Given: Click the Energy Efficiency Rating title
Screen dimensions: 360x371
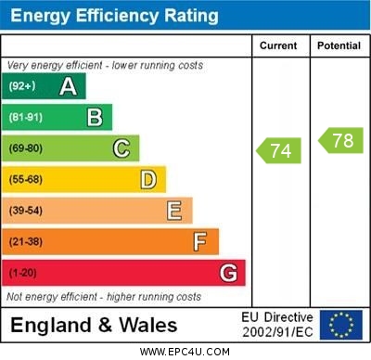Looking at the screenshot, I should coord(114,16).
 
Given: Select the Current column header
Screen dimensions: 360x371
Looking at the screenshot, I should coord(278,45).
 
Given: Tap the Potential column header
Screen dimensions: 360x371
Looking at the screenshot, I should coord(339,45).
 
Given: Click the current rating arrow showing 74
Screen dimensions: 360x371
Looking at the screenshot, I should coord(279,149).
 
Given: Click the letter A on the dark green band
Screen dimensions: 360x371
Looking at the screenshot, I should coord(68,86).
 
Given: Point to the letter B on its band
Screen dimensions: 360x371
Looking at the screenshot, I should coord(95,117).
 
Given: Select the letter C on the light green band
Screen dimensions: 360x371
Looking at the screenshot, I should coord(122,148).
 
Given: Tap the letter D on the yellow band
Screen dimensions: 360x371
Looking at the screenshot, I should coord(147,179).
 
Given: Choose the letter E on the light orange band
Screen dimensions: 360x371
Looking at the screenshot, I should coord(173,211).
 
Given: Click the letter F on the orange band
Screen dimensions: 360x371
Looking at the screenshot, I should coord(199,242).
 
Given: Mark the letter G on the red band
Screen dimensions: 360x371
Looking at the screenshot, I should coord(227,274).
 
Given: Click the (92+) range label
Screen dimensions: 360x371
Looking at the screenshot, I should coord(22,86).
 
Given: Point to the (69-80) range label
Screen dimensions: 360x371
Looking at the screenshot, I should coord(26,148).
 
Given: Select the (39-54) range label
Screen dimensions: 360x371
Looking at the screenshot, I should coord(26,211).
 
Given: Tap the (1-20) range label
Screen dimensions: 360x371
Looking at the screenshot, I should coord(23,274).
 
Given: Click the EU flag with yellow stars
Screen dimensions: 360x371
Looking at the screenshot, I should coord(341,325).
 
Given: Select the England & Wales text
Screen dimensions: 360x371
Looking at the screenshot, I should coord(94,325).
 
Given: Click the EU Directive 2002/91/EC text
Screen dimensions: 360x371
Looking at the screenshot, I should coord(277,325).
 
